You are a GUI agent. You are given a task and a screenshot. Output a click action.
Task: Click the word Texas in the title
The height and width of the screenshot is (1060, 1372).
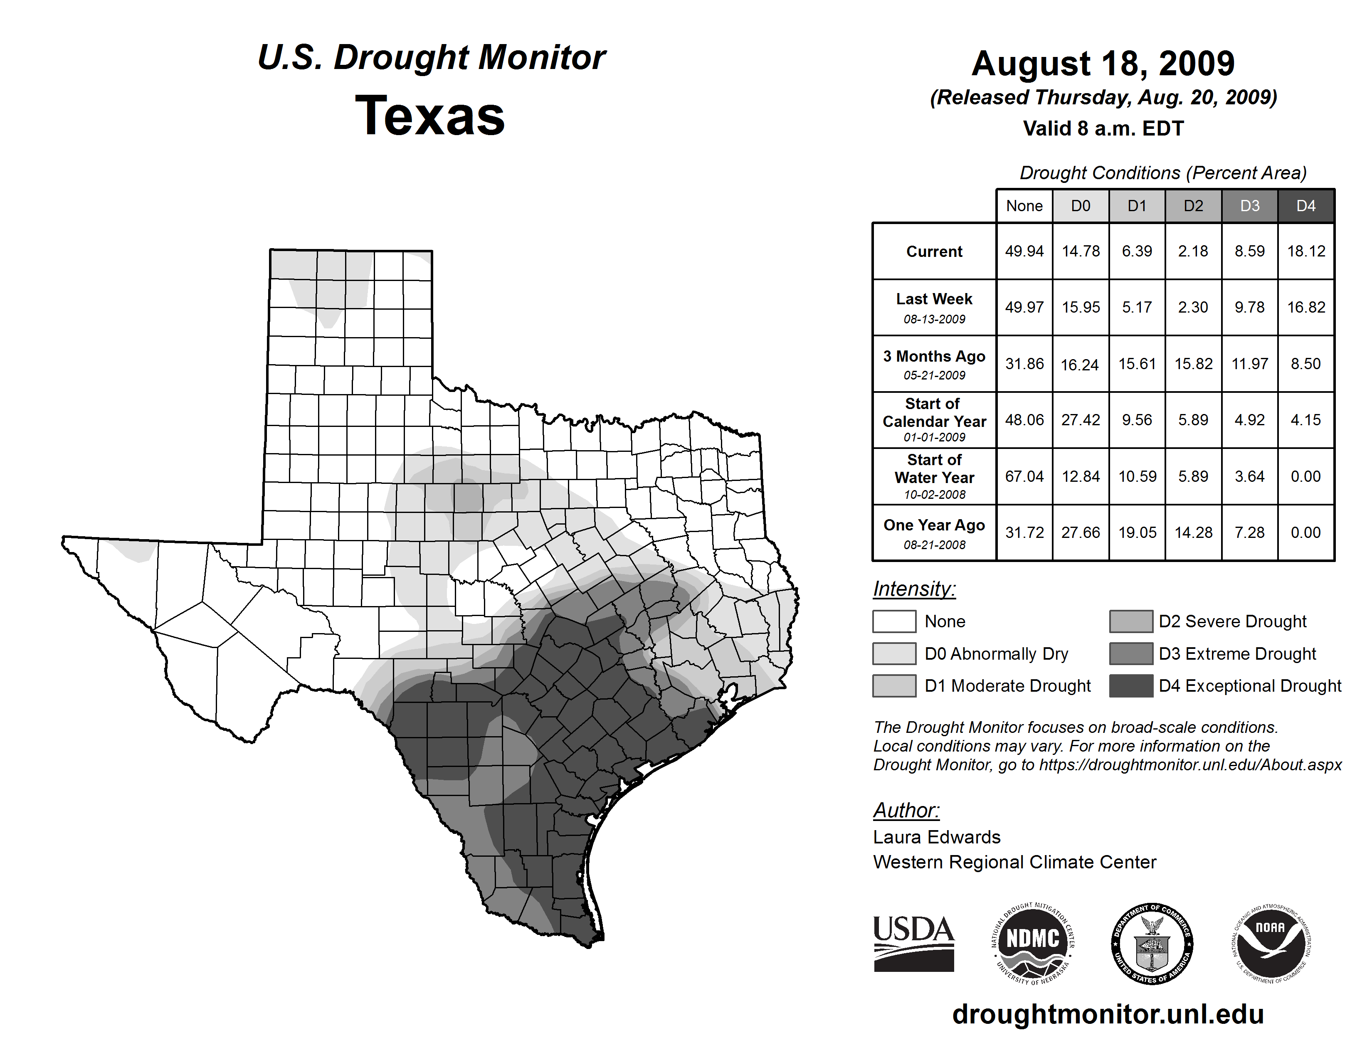(x=430, y=116)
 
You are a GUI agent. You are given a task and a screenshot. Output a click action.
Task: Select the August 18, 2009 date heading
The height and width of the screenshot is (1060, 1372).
(x=1103, y=64)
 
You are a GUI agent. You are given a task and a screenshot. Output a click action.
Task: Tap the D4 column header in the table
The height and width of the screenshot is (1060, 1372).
(x=1305, y=206)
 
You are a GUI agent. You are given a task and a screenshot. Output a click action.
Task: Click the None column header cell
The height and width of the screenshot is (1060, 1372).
(x=1024, y=206)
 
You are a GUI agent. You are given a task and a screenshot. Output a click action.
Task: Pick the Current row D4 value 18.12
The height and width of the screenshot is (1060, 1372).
(x=1306, y=251)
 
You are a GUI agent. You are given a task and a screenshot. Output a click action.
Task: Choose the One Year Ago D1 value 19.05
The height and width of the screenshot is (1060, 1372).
(x=1137, y=532)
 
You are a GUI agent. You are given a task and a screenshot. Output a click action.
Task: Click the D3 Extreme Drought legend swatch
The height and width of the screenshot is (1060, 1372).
(x=1131, y=654)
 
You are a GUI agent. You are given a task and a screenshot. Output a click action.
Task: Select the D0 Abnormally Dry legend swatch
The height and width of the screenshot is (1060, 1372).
(x=894, y=654)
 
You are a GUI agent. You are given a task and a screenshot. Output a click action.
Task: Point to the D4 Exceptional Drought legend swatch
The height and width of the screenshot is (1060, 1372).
(x=1131, y=686)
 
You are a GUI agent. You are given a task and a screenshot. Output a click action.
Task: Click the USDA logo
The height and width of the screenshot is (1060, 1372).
(x=913, y=943)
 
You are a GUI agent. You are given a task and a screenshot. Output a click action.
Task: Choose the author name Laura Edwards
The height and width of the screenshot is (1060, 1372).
(x=937, y=837)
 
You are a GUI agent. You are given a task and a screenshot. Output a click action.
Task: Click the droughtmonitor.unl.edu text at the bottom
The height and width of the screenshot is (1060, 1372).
(x=1108, y=1014)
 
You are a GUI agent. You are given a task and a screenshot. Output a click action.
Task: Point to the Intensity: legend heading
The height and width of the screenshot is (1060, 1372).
(x=914, y=589)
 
